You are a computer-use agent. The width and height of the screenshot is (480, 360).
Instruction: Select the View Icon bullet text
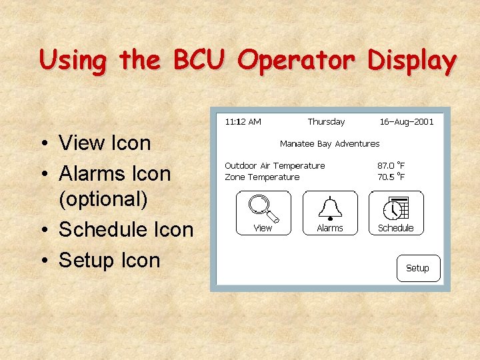105,143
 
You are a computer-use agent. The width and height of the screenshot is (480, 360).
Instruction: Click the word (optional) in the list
103,199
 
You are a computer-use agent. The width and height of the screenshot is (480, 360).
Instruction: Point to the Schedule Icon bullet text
126,229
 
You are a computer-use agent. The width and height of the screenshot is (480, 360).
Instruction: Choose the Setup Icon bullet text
109,260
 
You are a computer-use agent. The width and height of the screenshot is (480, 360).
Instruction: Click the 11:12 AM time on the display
243,122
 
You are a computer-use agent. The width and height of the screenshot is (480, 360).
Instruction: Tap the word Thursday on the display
326,122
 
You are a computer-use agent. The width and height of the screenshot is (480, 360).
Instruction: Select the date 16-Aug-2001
406,122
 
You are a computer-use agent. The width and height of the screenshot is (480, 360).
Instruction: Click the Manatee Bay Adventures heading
329,144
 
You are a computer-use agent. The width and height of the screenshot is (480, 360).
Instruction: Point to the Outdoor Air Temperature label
275,166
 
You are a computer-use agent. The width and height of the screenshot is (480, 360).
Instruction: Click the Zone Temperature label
262,177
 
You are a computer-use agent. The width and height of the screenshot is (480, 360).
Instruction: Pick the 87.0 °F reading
391,166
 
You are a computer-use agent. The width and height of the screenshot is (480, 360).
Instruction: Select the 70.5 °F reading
391,177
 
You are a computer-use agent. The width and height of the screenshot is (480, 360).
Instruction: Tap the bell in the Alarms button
329,207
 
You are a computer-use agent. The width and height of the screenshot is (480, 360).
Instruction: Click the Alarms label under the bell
329,228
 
